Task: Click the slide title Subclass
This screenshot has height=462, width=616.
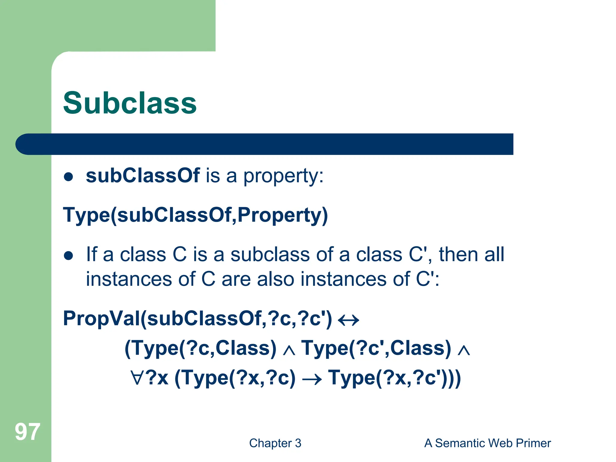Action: [130, 103]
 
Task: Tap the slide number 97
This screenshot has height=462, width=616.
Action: [27, 432]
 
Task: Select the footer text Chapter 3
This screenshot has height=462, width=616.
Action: [275, 443]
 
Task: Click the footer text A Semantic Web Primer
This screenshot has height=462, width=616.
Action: [487, 443]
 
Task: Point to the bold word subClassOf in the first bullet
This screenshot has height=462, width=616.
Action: [143, 176]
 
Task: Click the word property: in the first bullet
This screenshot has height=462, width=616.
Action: [283, 176]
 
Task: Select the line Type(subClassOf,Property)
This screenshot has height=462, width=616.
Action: [195, 215]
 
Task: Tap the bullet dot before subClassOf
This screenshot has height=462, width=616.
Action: [69, 177]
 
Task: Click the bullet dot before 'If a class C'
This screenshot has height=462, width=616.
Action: [69, 256]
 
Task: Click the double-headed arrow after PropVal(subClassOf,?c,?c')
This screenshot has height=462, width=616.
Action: [349, 320]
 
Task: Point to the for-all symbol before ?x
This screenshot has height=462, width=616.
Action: [137, 378]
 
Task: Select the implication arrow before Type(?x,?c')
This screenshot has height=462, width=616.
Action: [312, 379]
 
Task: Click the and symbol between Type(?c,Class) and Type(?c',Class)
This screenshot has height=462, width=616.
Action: [289, 350]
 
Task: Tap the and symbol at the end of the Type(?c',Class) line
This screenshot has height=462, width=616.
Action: [464, 350]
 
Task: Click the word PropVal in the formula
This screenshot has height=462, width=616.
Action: [101, 319]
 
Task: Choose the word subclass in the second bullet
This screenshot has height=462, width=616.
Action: [270, 254]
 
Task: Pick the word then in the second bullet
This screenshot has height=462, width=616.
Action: [458, 254]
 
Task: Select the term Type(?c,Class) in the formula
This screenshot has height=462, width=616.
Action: [200, 348]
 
